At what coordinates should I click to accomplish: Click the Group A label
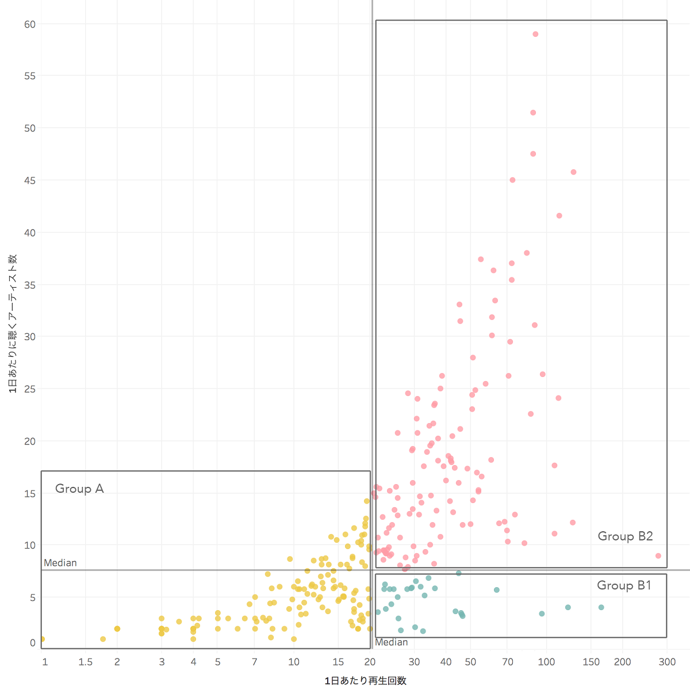79,489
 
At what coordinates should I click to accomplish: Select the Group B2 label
625,536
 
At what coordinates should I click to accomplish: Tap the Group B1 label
624,585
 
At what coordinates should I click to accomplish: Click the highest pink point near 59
535,35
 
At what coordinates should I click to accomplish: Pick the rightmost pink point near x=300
658,556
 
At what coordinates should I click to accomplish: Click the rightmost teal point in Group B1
601,607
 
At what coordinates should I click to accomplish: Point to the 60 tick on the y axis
30,24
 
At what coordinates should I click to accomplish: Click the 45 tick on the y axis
30,181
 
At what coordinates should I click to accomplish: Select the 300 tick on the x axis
667,662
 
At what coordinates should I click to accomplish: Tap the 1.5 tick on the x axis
86,662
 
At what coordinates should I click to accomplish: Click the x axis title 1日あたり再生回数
366,681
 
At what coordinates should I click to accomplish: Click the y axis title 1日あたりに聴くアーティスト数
13,323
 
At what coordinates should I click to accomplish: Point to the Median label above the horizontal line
60,563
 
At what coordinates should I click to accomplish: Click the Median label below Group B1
392,642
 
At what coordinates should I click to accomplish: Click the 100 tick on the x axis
546,662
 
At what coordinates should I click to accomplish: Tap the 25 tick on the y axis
30,389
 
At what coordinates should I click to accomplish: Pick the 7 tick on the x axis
255,662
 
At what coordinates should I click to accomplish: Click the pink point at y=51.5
533,113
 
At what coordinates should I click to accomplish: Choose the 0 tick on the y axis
33,643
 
